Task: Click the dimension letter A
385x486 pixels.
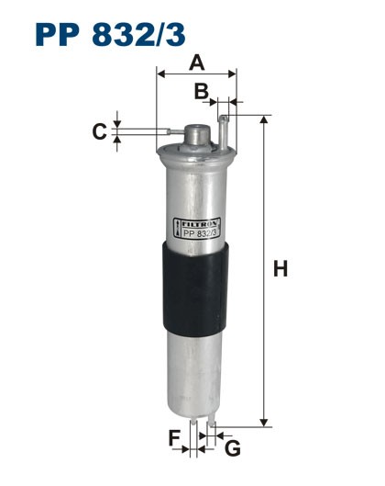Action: pyautogui.click(x=196, y=62)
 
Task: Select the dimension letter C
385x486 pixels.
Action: pyautogui.click(x=98, y=131)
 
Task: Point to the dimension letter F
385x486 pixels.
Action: pyautogui.click(x=175, y=438)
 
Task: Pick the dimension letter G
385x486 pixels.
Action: pyautogui.click(x=233, y=447)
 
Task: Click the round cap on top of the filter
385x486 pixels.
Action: pyautogui.click(x=195, y=134)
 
